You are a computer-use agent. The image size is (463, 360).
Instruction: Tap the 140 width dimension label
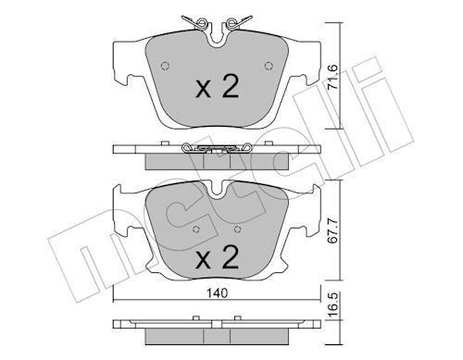tap(218, 292)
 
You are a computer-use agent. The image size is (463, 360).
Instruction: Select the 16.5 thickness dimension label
tap(332, 305)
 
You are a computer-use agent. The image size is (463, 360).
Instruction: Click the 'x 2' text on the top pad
tap(218, 87)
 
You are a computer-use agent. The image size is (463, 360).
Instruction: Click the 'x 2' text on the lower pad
tap(218, 256)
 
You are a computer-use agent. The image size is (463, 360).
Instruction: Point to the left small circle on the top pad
tap(166, 66)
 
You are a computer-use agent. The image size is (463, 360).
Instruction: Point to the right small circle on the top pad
tap(269, 66)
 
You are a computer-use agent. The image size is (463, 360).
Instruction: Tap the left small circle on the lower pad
tap(195, 230)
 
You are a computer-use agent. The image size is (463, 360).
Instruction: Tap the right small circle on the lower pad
tap(237, 230)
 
